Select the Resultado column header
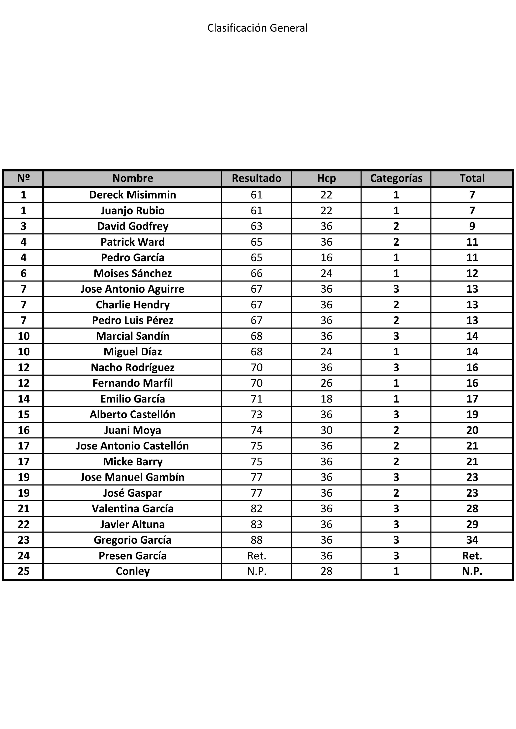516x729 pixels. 256,178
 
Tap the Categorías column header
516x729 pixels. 396,178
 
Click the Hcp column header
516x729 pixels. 326,178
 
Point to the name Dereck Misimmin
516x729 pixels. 132,195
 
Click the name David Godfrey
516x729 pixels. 132,226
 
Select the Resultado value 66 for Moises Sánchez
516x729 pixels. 256,273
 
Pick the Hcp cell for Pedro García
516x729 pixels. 326,257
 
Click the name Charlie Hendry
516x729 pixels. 132,304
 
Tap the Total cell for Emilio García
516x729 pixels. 472,399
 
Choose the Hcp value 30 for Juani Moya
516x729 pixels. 326,430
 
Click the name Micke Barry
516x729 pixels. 132,461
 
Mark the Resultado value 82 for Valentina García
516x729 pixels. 256,509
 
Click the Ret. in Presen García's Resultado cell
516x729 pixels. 256,556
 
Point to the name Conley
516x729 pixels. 132,571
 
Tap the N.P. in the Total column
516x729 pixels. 472,571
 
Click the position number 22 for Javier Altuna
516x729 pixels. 24,524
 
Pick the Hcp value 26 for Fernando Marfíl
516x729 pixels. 326,383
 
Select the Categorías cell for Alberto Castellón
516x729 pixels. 396,414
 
